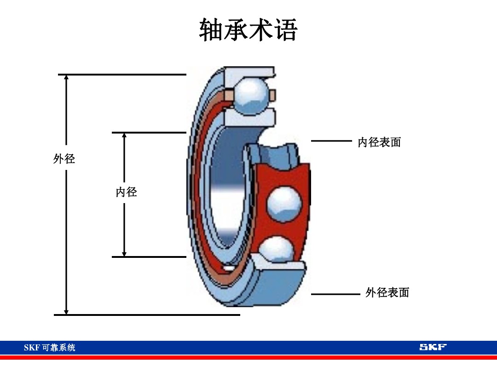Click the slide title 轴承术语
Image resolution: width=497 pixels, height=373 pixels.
point(248,31)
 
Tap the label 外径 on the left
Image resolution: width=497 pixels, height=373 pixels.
point(64,159)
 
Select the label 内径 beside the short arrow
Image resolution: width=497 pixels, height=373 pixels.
point(126,192)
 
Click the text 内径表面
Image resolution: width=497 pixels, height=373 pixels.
point(379,142)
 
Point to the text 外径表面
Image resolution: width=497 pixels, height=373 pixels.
point(387,292)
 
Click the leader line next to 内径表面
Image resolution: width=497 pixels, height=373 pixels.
point(331,141)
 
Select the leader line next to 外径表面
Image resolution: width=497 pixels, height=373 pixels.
point(335,294)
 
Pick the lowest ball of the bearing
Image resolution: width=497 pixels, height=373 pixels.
point(277,250)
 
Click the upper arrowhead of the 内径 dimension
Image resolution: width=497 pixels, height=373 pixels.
point(124,136)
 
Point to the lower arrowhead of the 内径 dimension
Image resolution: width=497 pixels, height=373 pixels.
point(124,253)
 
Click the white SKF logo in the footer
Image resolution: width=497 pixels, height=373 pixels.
point(433,347)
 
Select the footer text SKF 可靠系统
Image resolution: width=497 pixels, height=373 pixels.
point(49,348)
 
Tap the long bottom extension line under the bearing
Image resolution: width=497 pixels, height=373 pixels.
point(147,315)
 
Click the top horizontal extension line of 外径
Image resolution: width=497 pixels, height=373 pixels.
point(122,74)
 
